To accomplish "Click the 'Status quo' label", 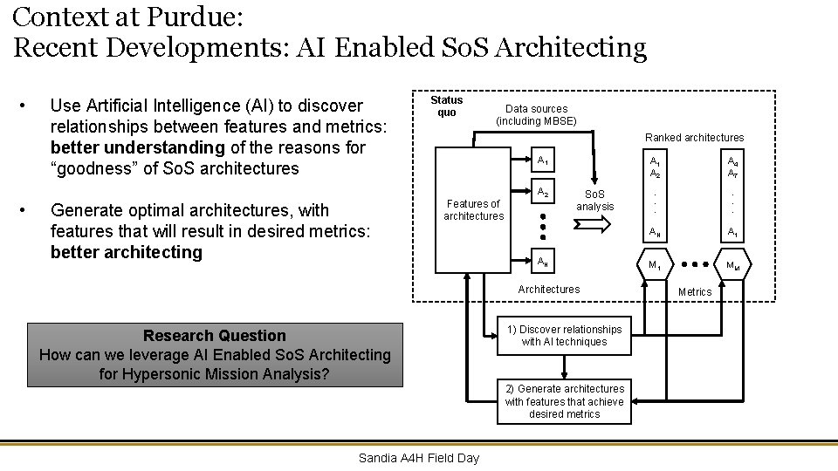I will pos(446,106).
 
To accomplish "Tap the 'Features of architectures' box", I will pos(473,210).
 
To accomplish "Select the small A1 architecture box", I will pos(542,160).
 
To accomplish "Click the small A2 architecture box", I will pos(542,194).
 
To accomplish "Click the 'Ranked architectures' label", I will pos(694,137).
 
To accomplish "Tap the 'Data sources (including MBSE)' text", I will pos(536,115).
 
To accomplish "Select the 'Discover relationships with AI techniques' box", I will pos(564,336).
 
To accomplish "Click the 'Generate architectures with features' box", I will pos(564,401).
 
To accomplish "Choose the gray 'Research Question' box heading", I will pos(215,336).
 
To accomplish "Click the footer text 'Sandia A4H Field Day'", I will pos(419,458).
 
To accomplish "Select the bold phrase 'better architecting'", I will pos(126,252).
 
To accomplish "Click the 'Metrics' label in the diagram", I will pos(695,291).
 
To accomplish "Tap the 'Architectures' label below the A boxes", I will pos(548,289).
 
